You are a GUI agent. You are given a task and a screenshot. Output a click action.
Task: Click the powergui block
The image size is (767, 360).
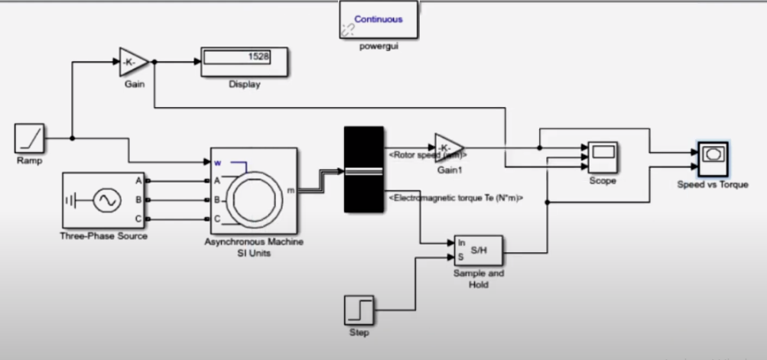pos(379,20)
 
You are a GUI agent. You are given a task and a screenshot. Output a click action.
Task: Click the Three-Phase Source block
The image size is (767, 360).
pos(104,200)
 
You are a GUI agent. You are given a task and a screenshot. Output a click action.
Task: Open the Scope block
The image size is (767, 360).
pos(603,157)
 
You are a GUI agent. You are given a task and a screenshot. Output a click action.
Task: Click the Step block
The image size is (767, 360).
pos(359,310)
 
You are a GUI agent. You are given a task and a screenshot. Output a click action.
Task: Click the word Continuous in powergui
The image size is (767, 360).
pos(378,19)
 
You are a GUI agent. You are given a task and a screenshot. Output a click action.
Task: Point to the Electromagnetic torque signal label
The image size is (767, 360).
pos(455,198)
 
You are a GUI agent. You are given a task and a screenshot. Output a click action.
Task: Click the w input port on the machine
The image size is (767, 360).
pos(217,162)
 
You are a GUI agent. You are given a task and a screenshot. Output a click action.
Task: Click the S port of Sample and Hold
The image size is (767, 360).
pos(461,257)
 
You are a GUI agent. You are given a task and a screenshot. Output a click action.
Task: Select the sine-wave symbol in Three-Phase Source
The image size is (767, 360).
pos(106,200)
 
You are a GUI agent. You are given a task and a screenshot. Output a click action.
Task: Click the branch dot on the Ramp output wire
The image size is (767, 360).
pos(72,138)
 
